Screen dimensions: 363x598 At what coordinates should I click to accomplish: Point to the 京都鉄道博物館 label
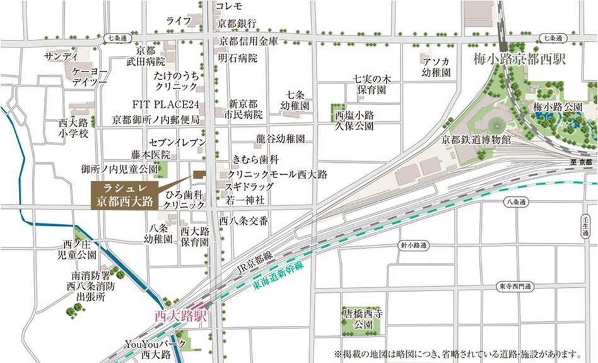pyautogui.click(x=476, y=140)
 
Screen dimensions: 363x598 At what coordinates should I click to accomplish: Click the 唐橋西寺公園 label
pyautogui.click(x=362, y=319)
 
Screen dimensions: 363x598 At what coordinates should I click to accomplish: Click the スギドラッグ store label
pyautogui.click(x=250, y=187)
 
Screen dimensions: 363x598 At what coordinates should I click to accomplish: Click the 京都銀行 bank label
pyautogui.click(x=237, y=23)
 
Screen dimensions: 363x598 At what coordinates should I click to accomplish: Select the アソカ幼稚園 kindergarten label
pyautogui.click(x=437, y=67)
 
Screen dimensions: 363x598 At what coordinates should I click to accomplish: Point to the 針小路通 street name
pyautogui.click(x=414, y=244)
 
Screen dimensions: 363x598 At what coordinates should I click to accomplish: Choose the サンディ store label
pyautogui.click(x=61, y=57)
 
